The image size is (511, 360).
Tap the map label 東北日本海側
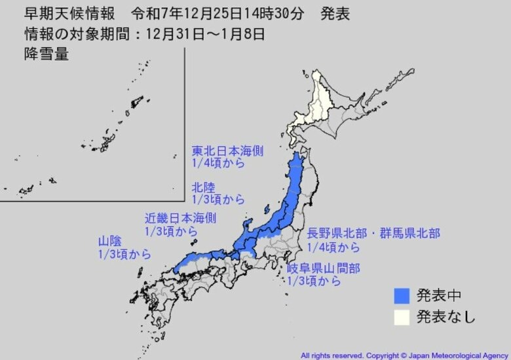tap(227, 151)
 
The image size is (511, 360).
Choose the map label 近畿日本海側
tap(180, 218)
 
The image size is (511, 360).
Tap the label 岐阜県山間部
tap(323, 268)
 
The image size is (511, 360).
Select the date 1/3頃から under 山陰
tap(124, 254)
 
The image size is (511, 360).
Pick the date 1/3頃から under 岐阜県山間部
tap(314, 281)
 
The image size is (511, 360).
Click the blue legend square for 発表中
tap(402, 295)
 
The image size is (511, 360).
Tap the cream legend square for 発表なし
tap(402, 317)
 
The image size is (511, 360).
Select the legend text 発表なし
tap(446, 317)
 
